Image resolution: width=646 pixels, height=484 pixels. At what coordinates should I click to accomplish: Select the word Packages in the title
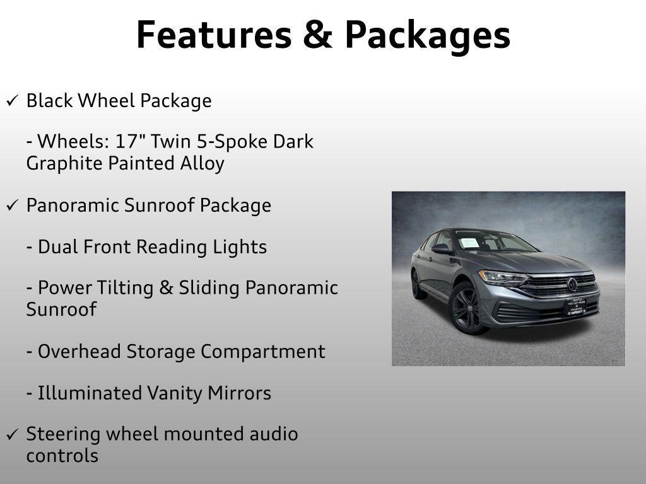click(427, 37)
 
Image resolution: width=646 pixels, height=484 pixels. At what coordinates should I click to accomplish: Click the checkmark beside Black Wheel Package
click(13, 101)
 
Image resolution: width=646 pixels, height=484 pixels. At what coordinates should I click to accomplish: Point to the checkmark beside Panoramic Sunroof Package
click(13, 205)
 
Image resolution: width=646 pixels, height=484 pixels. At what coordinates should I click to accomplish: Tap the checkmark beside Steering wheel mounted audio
click(13, 434)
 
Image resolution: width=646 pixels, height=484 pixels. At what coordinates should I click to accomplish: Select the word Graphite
click(64, 163)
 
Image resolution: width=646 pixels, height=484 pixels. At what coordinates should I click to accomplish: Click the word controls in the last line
click(62, 456)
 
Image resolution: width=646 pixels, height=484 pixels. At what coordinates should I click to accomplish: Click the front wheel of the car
click(467, 308)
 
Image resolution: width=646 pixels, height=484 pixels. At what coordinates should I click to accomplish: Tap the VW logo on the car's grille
click(572, 284)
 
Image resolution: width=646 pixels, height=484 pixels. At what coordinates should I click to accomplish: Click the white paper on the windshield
click(469, 243)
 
